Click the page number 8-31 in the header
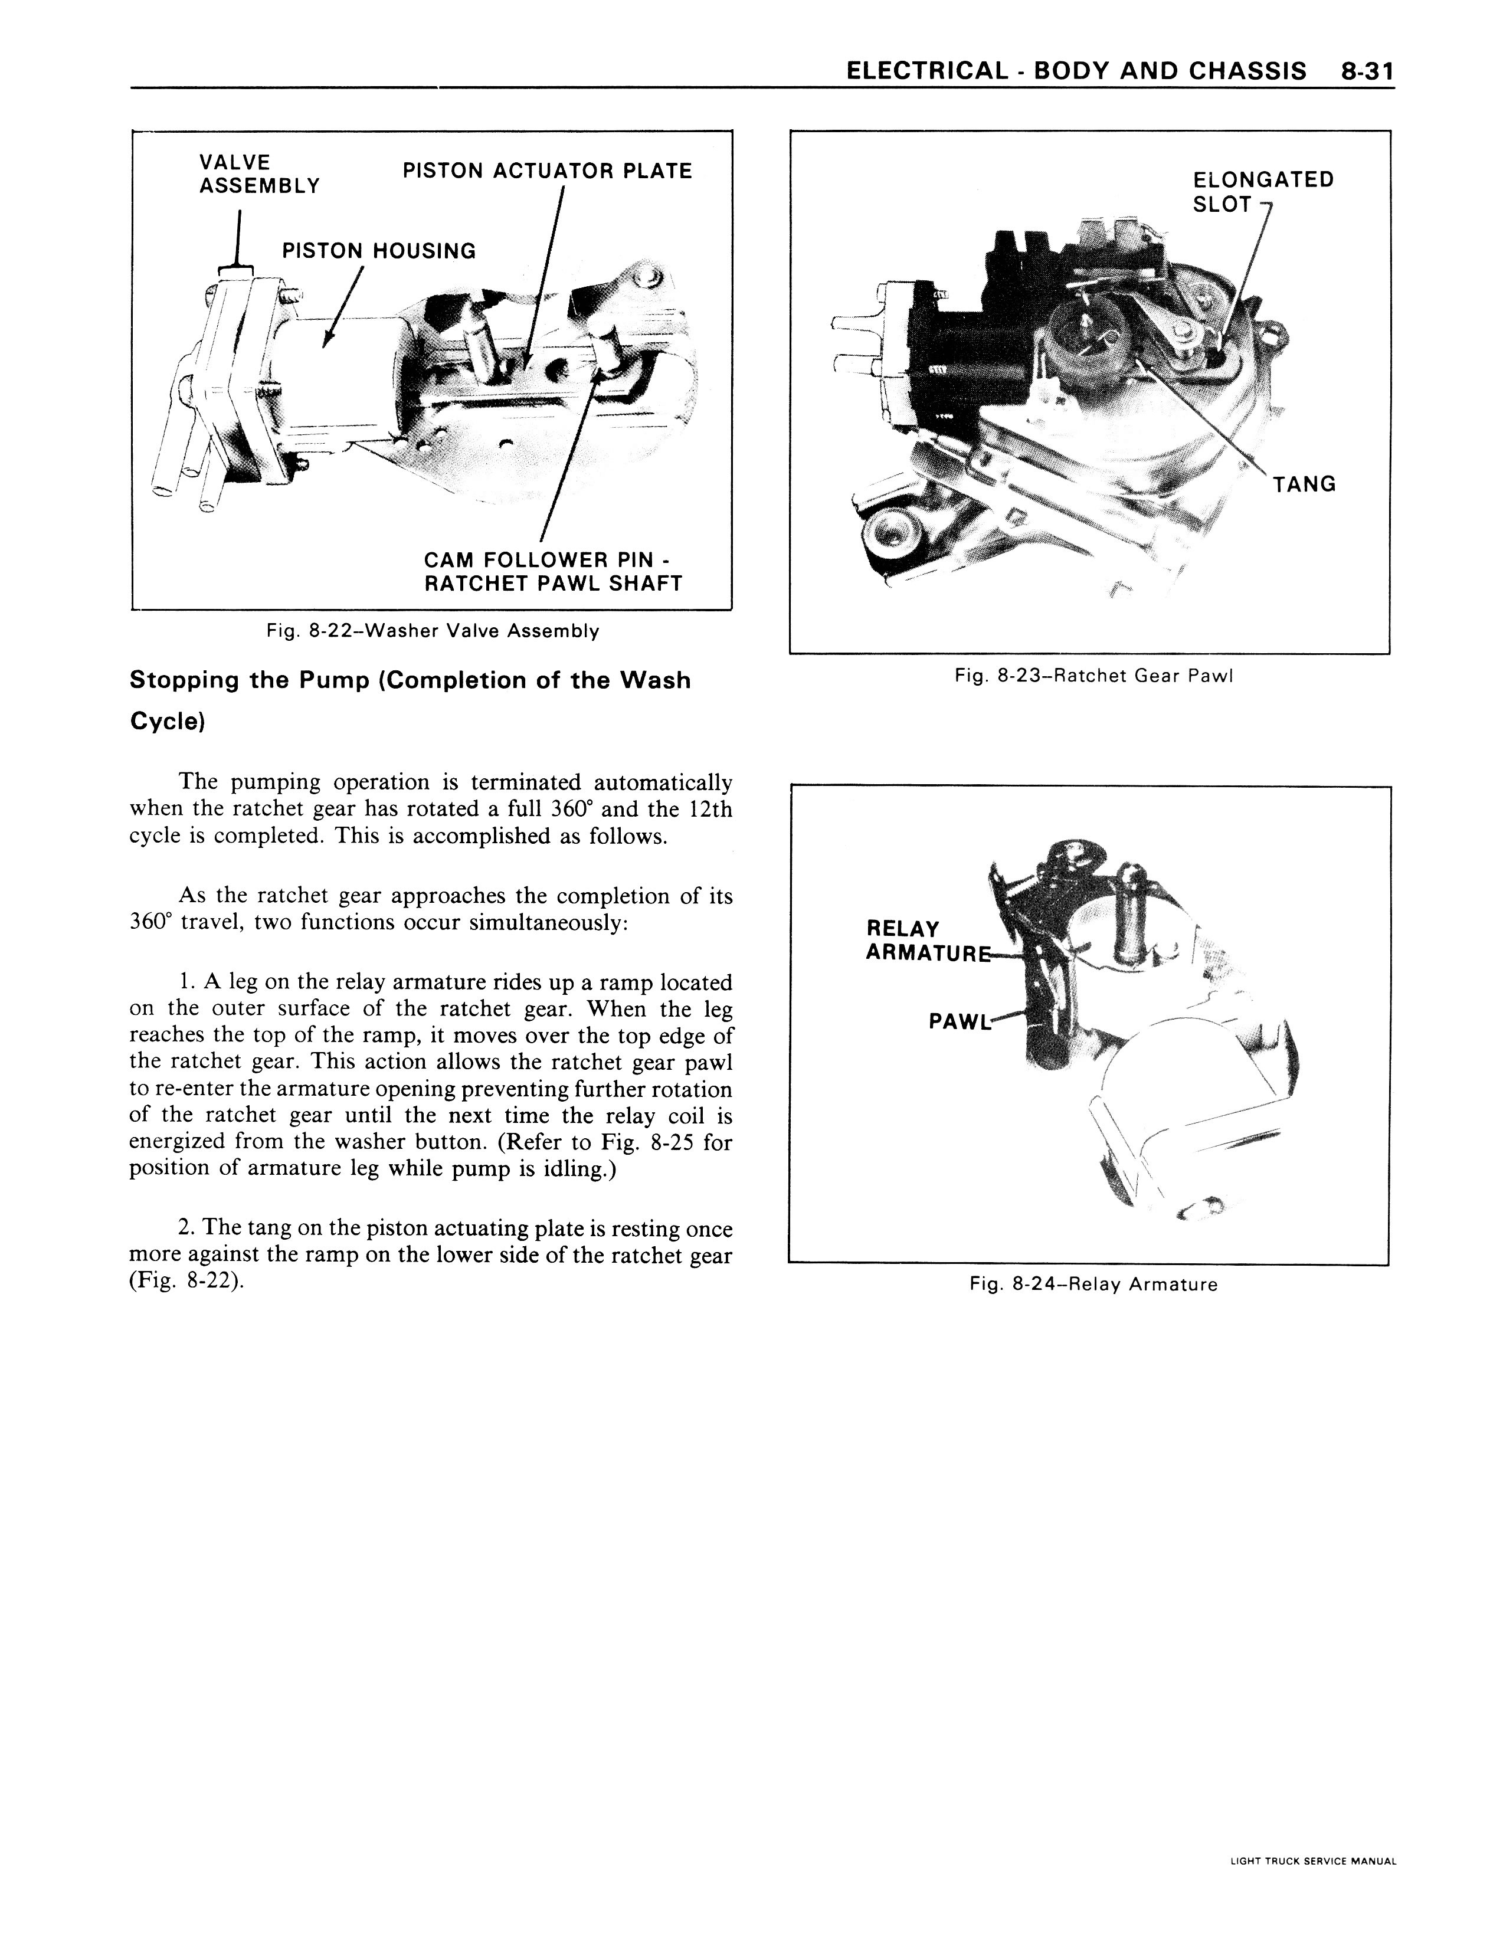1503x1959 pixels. coord(1368,71)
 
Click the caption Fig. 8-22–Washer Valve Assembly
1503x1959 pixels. coord(433,631)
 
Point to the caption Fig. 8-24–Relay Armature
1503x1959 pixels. coord(1093,1285)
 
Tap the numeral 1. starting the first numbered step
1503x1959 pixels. coord(189,982)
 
